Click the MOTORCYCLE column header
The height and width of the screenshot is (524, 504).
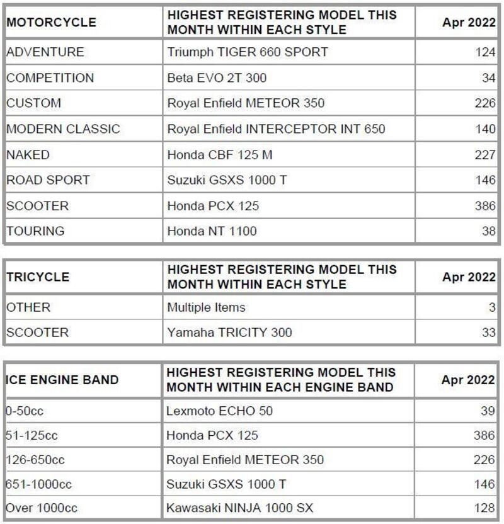click(52, 23)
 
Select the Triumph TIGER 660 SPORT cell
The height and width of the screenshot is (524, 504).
click(248, 52)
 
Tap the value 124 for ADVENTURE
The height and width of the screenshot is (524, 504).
click(485, 52)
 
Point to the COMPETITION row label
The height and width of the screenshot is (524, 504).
click(50, 78)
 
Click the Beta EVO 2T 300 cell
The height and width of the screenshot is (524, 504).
click(217, 78)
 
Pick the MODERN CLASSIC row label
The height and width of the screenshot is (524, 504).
click(63, 129)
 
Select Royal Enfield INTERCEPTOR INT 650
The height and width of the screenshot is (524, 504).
click(276, 129)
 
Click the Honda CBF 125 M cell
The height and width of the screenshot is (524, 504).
click(220, 155)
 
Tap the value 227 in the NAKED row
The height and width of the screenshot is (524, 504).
click(485, 155)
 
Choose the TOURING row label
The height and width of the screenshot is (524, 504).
click(35, 231)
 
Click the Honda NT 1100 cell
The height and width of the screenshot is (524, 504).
click(212, 231)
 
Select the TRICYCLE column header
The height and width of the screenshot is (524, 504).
click(38, 277)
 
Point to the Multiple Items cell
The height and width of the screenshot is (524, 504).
click(206, 308)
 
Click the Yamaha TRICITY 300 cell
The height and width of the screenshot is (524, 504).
click(229, 333)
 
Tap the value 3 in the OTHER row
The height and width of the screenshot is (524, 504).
click(492, 308)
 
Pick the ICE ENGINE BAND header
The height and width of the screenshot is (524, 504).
click(62, 380)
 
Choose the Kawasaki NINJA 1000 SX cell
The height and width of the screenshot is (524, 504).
click(240, 508)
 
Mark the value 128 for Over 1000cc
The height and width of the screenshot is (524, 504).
click(485, 508)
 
